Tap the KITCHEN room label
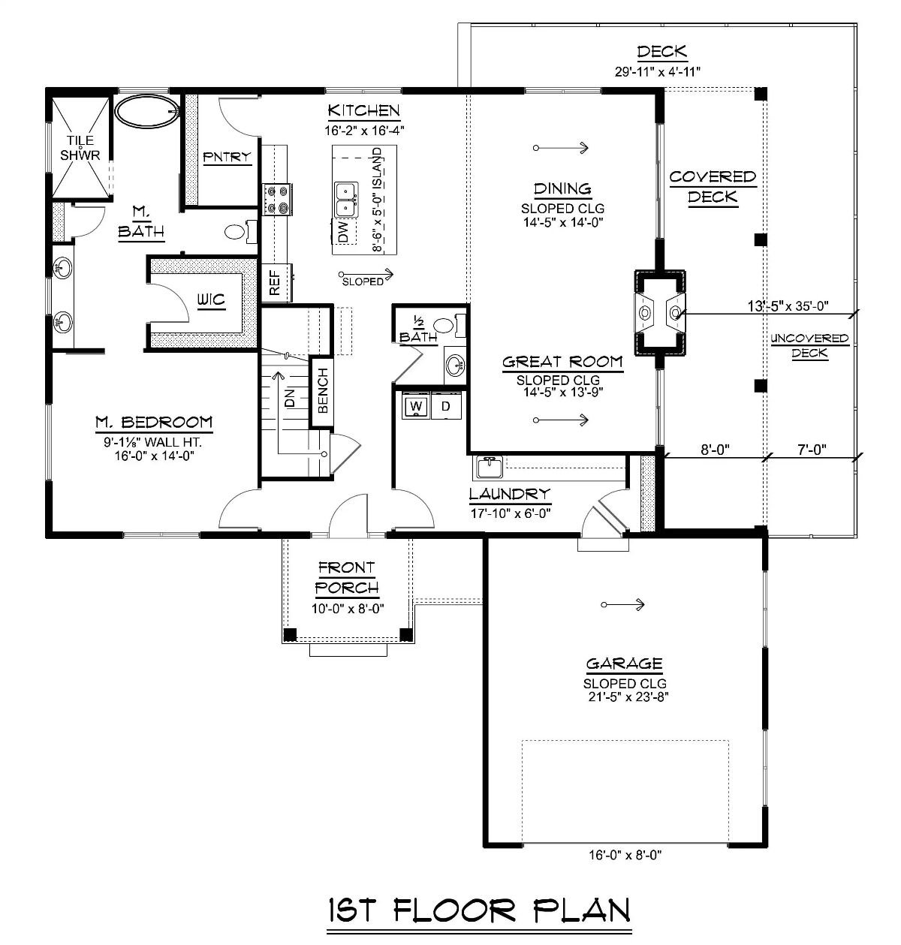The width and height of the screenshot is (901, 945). pos(363,111)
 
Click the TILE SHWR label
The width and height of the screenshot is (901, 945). pos(80,148)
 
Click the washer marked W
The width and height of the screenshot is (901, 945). pos(416,407)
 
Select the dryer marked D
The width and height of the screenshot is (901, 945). pos(445,407)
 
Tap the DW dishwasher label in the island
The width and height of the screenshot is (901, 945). pos(343,232)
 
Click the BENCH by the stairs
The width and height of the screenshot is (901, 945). pos(322,390)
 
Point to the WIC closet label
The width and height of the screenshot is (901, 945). pos(211,301)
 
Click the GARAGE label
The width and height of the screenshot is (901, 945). pos(624,664)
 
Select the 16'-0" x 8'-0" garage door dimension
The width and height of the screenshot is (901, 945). pos(625,854)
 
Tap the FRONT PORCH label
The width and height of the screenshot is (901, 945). pos(346,577)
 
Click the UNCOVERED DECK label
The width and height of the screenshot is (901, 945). pos(809,346)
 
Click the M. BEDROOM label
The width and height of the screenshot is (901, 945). pos(154,423)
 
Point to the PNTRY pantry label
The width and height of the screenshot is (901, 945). pos(227,157)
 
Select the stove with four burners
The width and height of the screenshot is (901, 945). pos(276,200)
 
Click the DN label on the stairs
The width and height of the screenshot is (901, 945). pos(289,402)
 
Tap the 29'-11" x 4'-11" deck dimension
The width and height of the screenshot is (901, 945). pos(661,72)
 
